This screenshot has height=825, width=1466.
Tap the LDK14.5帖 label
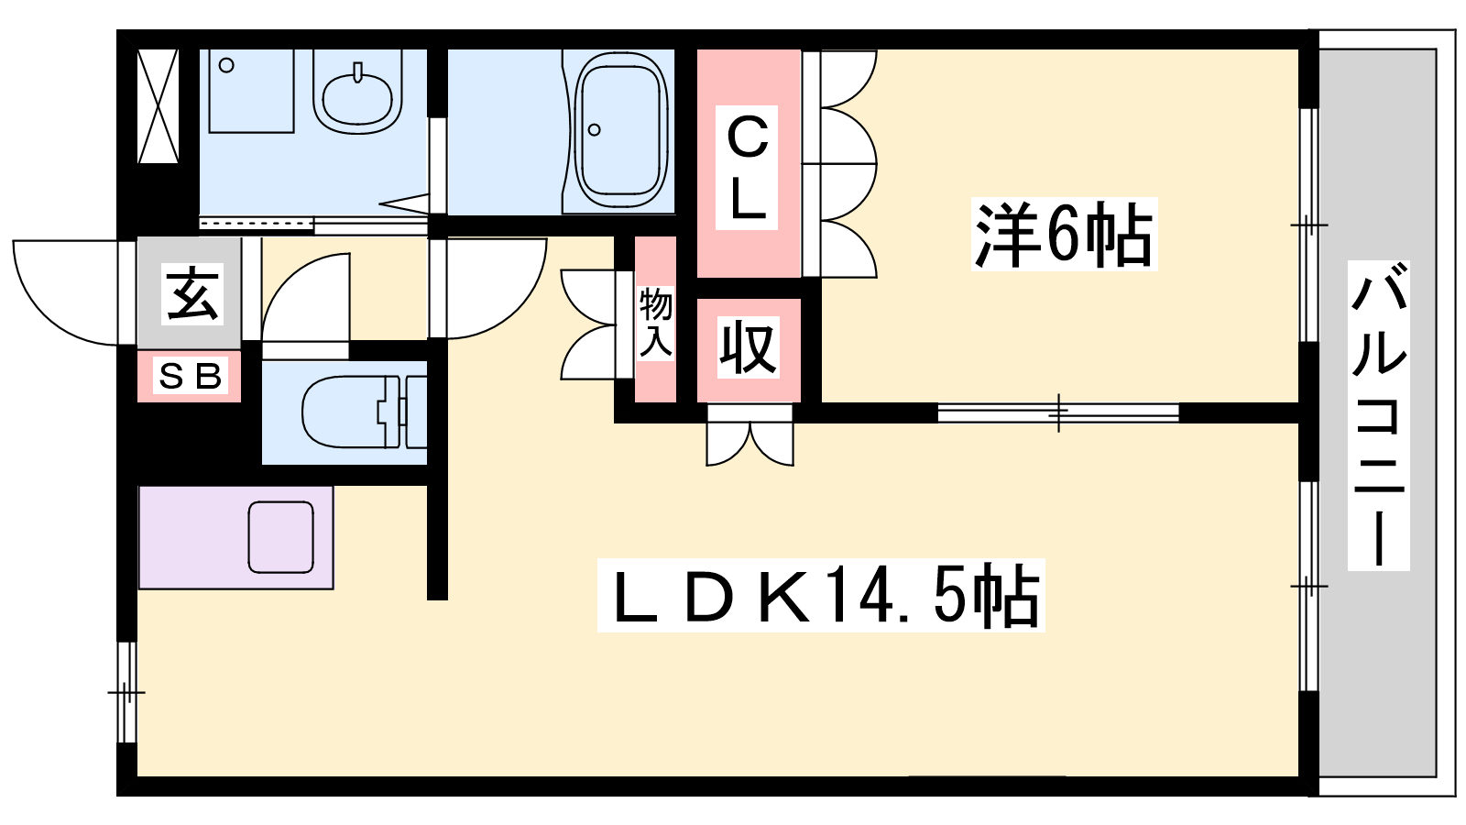click(x=821, y=596)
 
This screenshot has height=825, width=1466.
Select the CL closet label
click(x=748, y=166)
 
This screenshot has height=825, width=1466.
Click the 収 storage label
click(x=748, y=347)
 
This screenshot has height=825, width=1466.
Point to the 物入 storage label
click(x=656, y=321)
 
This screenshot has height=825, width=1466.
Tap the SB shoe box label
click(x=190, y=376)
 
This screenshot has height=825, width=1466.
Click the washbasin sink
click(x=357, y=92)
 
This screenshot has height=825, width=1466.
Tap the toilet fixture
click(x=353, y=412)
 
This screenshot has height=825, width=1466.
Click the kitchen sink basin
click(x=281, y=537)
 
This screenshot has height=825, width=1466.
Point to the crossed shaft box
click(x=158, y=106)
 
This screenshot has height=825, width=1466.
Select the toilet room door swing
click(x=304, y=298)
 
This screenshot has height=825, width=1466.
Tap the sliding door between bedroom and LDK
click(x=1058, y=412)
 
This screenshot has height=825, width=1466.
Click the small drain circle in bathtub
click(x=595, y=129)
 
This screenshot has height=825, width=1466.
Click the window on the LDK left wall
click(x=126, y=691)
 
